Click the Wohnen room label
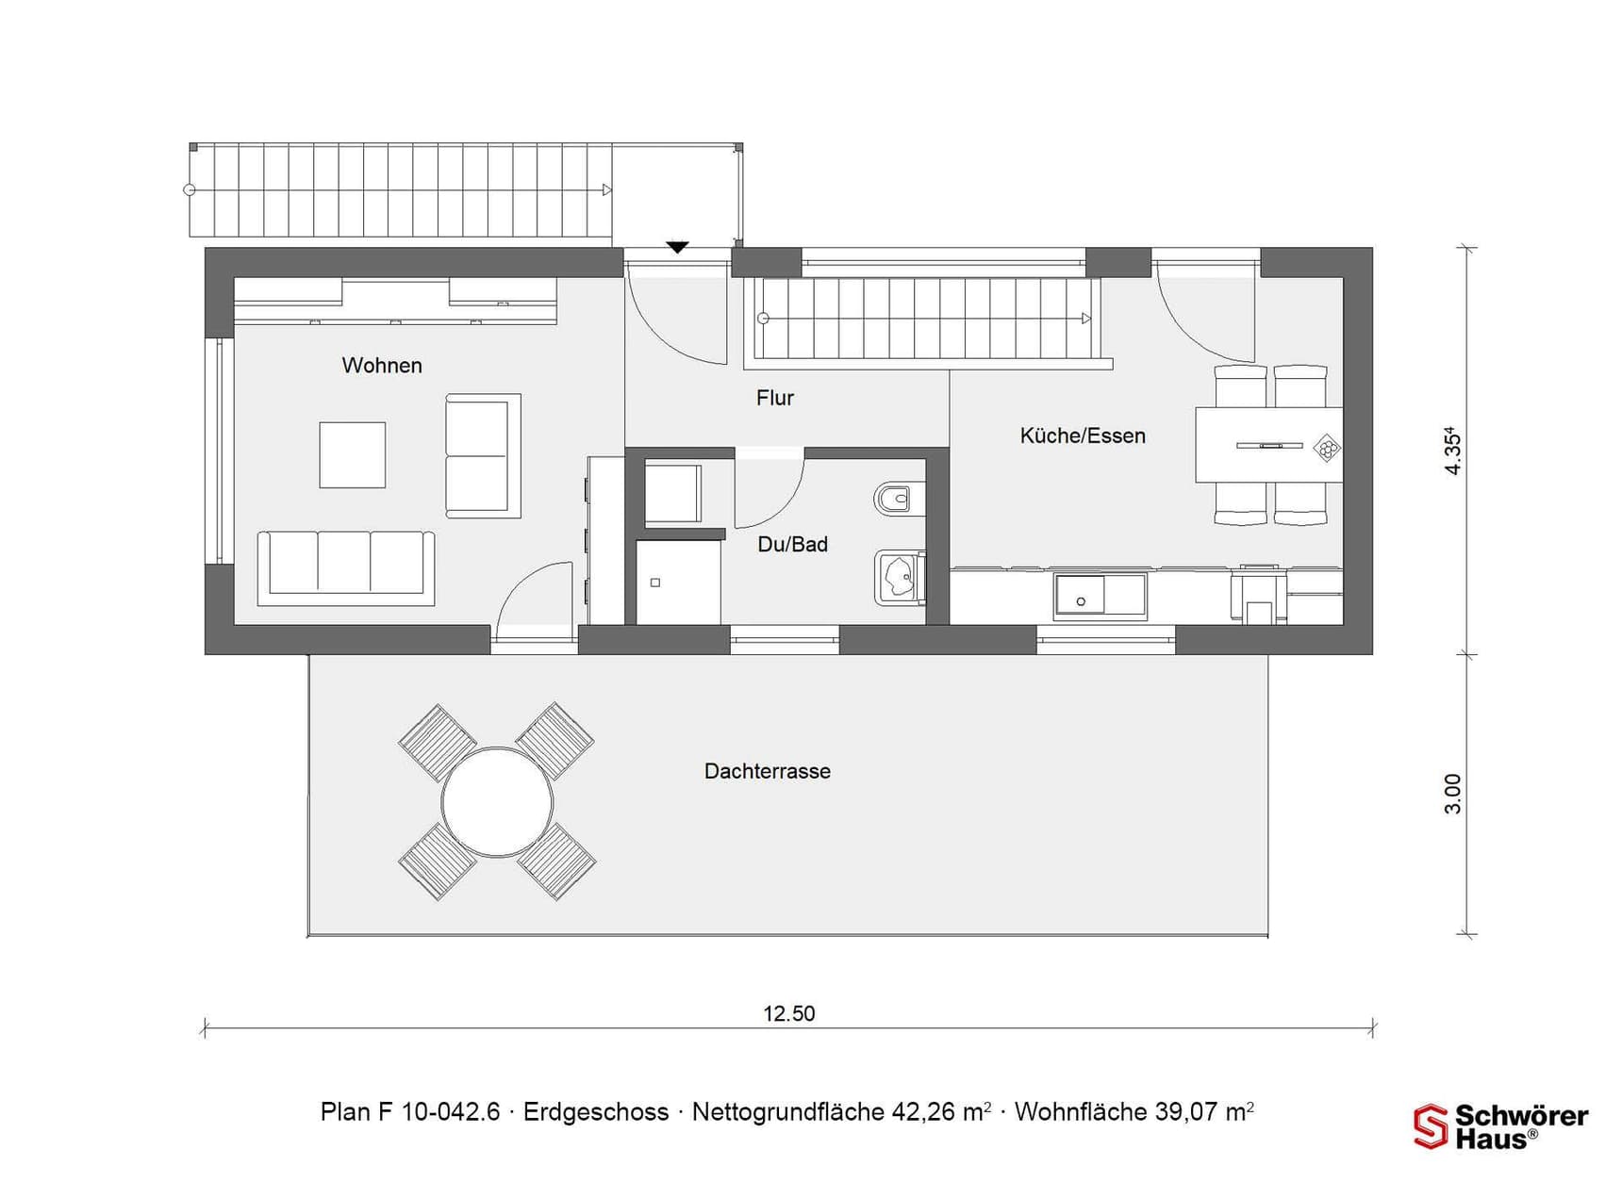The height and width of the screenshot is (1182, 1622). point(382,366)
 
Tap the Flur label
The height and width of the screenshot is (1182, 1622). point(775,398)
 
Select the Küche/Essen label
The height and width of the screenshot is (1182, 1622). point(1083,435)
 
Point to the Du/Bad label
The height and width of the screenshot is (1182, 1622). point(793,544)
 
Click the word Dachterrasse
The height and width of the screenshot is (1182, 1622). point(768,771)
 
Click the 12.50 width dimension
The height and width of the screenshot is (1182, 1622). point(789,1013)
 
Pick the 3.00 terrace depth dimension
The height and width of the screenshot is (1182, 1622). point(1453,794)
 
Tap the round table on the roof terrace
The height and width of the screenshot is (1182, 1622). point(497,802)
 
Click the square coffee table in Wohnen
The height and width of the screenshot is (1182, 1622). point(353,455)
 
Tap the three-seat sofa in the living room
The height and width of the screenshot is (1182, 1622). point(346,567)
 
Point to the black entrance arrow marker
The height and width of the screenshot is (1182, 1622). point(677,248)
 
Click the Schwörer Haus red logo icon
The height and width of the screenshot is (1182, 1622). point(1431,1126)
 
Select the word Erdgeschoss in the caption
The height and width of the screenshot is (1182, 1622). point(596,1112)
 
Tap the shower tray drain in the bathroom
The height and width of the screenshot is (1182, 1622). point(655,583)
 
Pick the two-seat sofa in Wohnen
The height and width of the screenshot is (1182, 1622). point(483,456)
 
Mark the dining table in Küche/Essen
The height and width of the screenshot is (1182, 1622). point(1269,445)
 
